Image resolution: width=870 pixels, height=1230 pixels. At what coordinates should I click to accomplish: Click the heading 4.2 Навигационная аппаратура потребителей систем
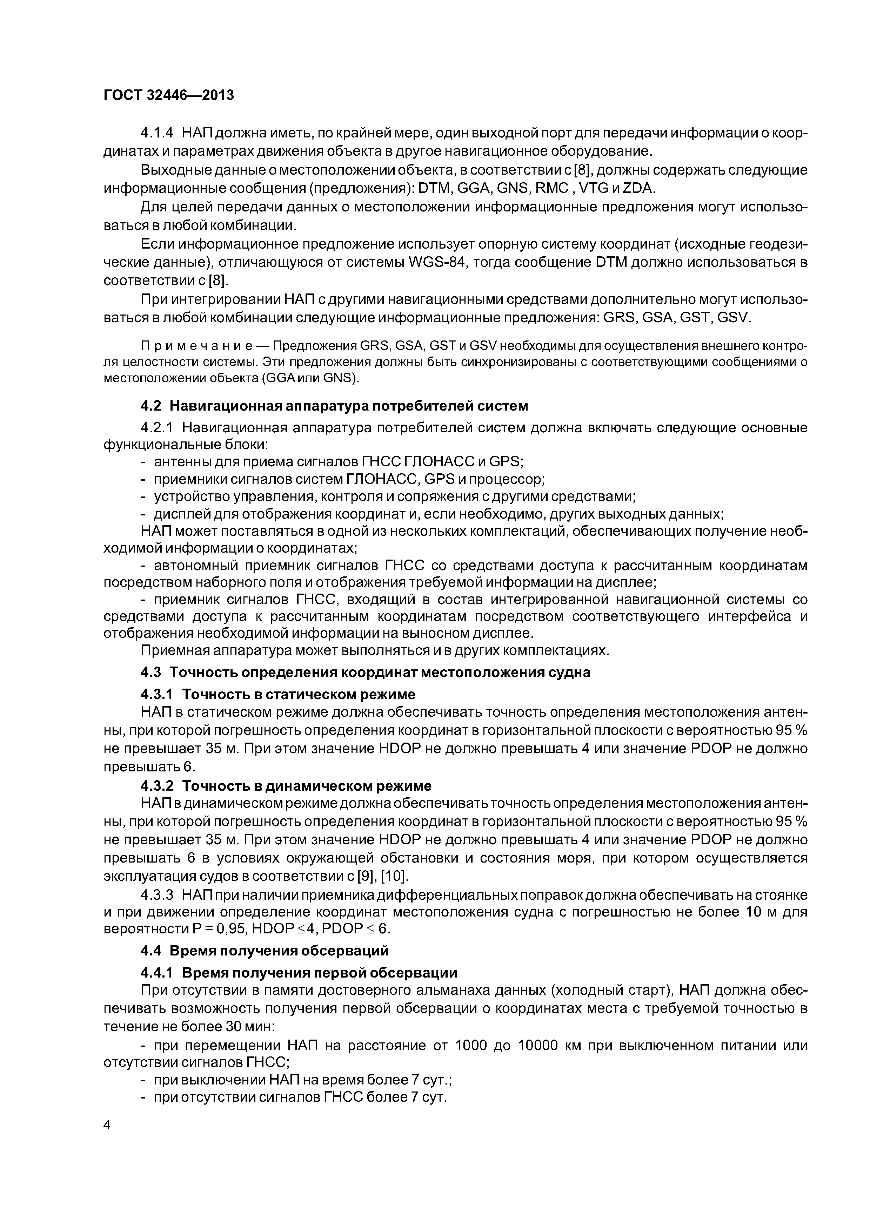pos(334,406)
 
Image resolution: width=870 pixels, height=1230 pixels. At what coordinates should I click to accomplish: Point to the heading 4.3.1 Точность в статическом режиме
pos(278,694)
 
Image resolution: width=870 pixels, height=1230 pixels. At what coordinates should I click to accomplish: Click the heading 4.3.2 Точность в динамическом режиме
pos(286,785)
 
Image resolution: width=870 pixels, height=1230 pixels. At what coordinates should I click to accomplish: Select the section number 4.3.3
pos(157,895)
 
